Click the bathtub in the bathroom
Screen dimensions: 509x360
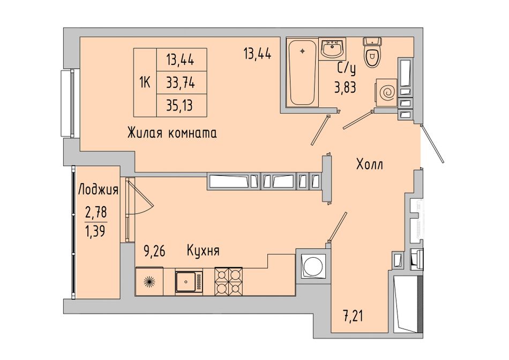click(x=302, y=72)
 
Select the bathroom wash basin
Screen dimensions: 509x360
click(x=333, y=49)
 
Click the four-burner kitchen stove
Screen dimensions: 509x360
click(x=229, y=281)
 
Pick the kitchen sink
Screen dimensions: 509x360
click(x=189, y=282)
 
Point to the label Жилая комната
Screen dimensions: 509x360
click(x=173, y=133)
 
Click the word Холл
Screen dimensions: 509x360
click(x=370, y=164)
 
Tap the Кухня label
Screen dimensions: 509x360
click(x=203, y=251)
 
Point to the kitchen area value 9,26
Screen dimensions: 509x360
click(x=154, y=251)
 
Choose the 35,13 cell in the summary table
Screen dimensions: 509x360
click(x=182, y=106)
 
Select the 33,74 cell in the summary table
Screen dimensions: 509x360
click(x=182, y=83)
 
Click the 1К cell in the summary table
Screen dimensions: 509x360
click(x=145, y=83)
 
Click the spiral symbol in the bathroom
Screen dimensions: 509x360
click(x=387, y=93)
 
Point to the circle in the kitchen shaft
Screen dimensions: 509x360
click(x=314, y=267)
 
